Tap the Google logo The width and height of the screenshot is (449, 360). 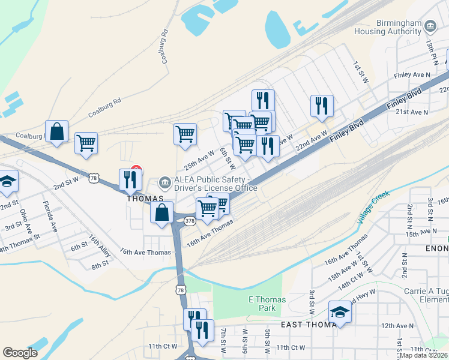pyautogui.click(x=20, y=352)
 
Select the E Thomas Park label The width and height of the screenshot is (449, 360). pyautogui.click(x=267, y=304)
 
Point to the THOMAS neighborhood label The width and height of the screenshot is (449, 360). pyautogui.click(x=145, y=198)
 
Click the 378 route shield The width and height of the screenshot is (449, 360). pyautogui.click(x=190, y=221)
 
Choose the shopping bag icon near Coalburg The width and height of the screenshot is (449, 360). pyautogui.click(x=56, y=132)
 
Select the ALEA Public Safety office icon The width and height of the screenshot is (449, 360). pyautogui.click(x=164, y=182)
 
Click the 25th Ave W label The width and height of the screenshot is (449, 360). pyautogui.click(x=199, y=160)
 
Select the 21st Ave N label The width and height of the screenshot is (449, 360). pyautogui.click(x=411, y=112)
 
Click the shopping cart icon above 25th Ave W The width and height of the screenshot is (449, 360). pyautogui.click(x=185, y=133)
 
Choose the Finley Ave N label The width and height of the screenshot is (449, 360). pyautogui.click(x=412, y=74)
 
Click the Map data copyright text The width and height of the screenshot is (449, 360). pyautogui.click(x=423, y=355)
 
